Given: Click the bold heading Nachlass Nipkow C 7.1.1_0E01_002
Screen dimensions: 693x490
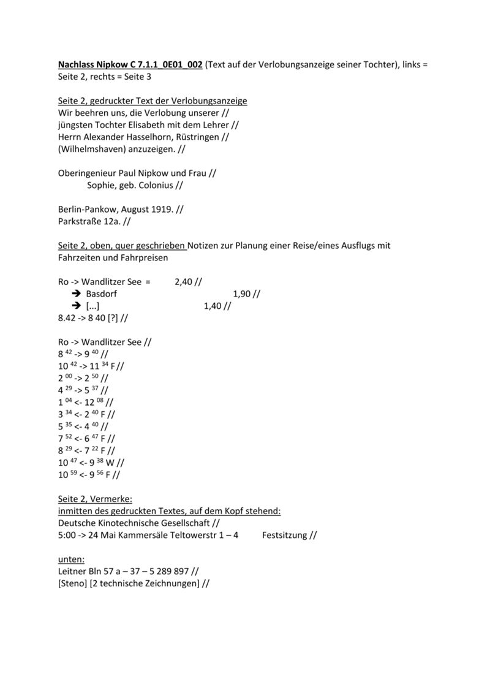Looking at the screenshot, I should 130,65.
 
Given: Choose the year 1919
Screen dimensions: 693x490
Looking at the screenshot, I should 160,210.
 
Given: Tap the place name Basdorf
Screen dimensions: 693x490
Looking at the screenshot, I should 102,294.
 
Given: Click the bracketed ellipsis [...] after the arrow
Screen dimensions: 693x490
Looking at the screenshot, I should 93,306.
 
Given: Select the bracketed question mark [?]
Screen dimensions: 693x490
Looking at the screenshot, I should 113,318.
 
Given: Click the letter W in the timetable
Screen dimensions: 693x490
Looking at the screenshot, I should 111,463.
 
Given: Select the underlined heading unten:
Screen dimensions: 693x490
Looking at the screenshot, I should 71,559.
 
